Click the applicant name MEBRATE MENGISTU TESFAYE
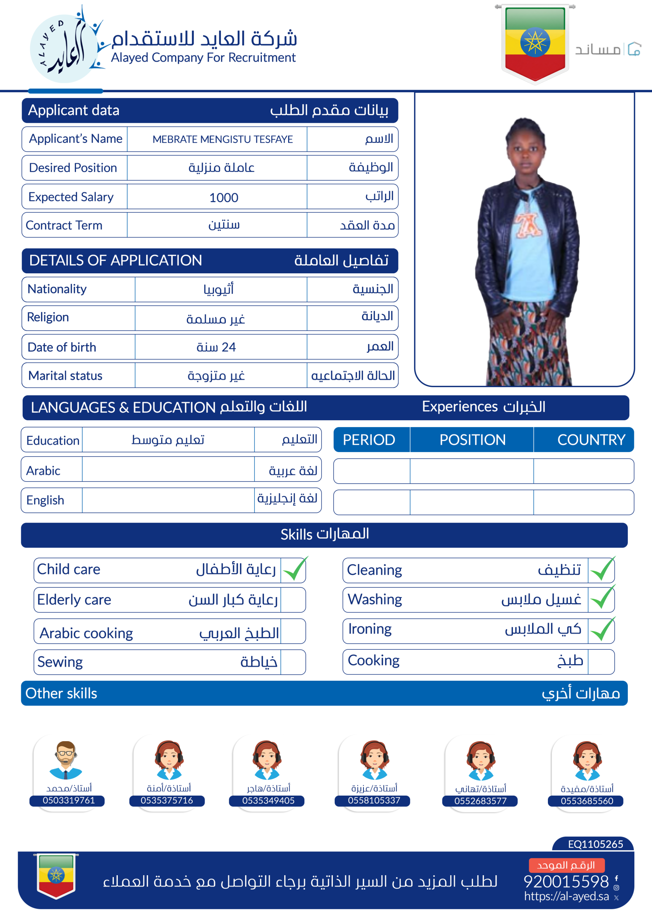pos(223,139)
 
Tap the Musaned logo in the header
pos(608,49)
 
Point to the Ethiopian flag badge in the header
pos(535,42)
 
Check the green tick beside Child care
pos(295,569)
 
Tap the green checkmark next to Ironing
pos(602,630)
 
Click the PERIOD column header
pos(369,440)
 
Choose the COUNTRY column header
pos(591,440)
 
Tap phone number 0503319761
pos(69,800)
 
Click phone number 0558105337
pos(374,800)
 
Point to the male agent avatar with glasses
pos(66,760)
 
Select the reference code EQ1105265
pos(595,844)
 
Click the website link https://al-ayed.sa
pos(566,896)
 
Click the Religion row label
pos(48,317)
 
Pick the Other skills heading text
pos(62,694)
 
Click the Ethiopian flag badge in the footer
pos(56,876)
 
